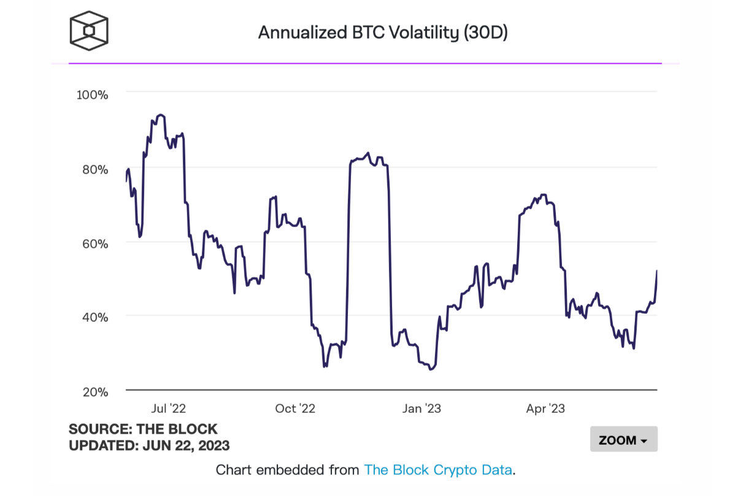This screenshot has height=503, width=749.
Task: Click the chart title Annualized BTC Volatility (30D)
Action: tap(383, 33)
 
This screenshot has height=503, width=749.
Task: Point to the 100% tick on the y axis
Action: tap(92, 95)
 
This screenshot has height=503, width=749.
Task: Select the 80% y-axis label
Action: tap(95, 169)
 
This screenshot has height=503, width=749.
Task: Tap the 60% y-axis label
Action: tap(95, 244)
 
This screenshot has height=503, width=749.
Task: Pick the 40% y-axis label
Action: tap(95, 317)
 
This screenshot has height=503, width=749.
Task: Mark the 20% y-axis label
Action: tap(95, 391)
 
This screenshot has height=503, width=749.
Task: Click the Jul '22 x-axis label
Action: tap(168, 408)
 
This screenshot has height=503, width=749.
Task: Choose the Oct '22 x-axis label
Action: tap(294, 408)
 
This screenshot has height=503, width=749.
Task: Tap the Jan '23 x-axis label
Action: tap(421, 408)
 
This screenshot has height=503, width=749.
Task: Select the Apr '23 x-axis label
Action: tap(545, 408)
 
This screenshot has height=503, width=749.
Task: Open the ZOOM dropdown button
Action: tap(623, 440)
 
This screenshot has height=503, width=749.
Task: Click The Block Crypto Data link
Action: tap(438, 470)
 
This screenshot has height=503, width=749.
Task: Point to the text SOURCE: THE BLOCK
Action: tap(143, 429)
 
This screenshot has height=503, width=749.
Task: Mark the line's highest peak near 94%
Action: tap(161, 115)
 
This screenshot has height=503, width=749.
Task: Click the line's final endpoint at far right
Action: tap(657, 271)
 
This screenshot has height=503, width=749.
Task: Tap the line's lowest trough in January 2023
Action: tap(431, 369)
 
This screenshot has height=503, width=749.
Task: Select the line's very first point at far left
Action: tap(126, 181)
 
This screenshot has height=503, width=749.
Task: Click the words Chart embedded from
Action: tap(287, 470)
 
